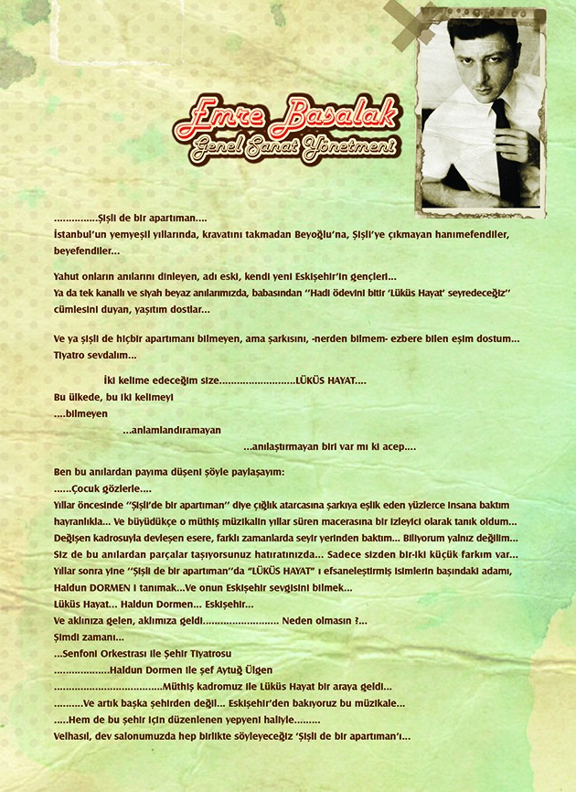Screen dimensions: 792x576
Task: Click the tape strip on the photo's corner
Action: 408,23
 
